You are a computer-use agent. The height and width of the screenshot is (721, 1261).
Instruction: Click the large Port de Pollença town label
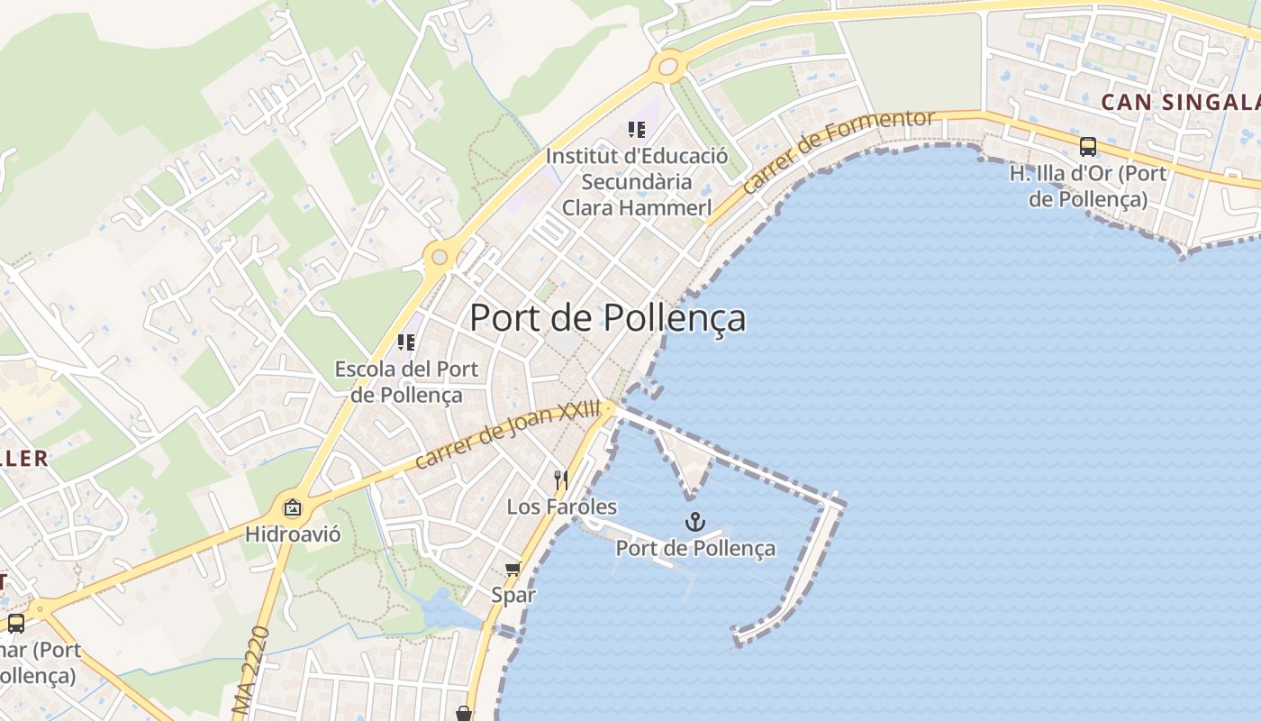point(608,318)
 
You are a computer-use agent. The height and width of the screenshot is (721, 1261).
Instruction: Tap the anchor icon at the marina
point(694,522)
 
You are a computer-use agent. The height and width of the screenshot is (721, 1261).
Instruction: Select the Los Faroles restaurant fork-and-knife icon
point(561,479)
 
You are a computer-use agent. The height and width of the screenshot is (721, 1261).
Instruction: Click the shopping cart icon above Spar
point(513,569)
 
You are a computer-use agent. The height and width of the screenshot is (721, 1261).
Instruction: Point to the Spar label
point(513,595)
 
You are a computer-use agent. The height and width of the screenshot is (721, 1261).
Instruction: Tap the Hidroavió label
point(294,534)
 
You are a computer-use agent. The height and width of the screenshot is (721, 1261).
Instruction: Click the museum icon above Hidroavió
point(293,508)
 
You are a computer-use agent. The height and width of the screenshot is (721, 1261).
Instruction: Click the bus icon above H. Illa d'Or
point(1088,147)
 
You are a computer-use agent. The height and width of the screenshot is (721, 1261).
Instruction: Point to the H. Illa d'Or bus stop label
point(1088,186)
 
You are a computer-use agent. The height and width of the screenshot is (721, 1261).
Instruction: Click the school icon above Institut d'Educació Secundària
point(637,130)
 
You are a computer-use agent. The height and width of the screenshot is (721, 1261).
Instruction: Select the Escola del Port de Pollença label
point(407,381)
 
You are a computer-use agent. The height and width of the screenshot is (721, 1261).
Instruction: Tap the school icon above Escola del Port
point(406,342)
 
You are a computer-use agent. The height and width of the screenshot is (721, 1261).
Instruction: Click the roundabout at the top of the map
point(667,66)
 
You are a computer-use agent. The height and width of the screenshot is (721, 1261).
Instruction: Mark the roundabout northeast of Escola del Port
point(439,258)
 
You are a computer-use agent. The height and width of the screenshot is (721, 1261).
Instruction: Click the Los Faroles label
point(562,507)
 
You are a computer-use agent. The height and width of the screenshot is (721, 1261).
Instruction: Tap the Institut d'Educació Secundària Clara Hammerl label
point(637,181)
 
